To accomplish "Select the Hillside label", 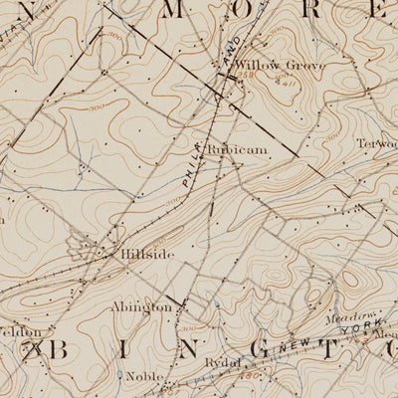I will point(147,255).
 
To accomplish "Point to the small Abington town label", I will point(141,308).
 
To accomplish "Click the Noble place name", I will point(145,377).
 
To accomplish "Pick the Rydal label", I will point(221,364).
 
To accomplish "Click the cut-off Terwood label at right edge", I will point(378,143).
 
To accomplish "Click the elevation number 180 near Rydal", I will point(240,376).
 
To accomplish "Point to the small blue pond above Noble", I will point(120,375).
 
